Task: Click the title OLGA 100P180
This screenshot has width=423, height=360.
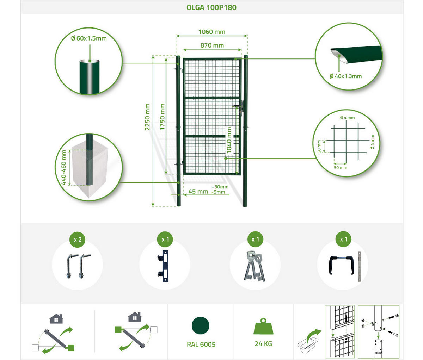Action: [211, 7]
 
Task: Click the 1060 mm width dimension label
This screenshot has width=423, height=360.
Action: [212, 32]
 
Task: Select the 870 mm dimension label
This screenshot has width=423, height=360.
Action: [212, 45]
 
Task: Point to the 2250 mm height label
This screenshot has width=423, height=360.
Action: [147, 117]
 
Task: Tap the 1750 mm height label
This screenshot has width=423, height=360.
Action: [162, 117]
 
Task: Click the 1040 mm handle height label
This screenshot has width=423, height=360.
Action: [229, 140]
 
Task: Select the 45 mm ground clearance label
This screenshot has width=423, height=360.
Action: [198, 192]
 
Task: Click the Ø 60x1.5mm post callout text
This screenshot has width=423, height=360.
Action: [89, 38]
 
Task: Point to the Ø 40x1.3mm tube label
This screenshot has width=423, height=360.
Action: [346, 76]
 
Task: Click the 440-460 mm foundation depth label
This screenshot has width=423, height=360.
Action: [64, 167]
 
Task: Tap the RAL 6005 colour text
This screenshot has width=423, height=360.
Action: [201, 344]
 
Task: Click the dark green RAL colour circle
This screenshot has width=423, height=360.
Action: [201, 325]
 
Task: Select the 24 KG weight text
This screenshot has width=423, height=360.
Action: [263, 344]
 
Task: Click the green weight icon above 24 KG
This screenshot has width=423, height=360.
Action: [263, 326]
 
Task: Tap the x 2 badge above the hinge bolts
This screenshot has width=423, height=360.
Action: [78, 240]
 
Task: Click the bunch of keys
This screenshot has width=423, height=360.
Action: [255, 266]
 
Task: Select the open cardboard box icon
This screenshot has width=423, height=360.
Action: [308, 345]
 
